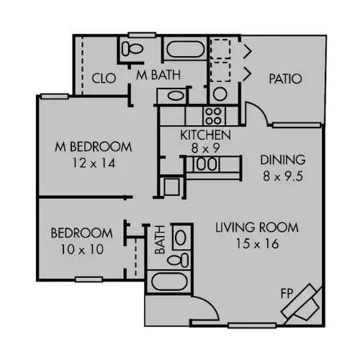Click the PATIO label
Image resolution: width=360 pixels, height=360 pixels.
click(x=285, y=78)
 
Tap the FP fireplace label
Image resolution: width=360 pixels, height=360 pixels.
click(x=287, y=293)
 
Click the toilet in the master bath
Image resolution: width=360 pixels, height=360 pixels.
click(x=132, y=49)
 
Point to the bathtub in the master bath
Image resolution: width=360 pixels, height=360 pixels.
click(x=185, y=50)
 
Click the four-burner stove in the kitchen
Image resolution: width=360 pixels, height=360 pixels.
click(x=214, y=116)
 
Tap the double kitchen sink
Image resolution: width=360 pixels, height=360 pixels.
click(x=207, y=164)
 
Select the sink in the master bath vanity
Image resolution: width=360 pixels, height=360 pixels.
click(x=176, y=96)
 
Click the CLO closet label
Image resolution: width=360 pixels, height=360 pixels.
click(x=104, y=78)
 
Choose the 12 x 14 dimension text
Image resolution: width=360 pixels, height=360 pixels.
click(x=94, y=163)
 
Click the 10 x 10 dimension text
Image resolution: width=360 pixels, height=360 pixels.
click(x=82, y=249)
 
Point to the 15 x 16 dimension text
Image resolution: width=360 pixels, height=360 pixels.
click(x=257, y=243)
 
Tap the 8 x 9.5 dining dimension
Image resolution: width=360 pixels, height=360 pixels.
click(x=283, y=176)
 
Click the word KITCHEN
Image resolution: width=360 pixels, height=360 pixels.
click(x=206, y=135)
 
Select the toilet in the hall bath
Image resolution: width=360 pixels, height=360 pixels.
click(x=179, y=260)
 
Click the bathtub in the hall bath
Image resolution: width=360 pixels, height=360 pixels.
click(x=169, y=282)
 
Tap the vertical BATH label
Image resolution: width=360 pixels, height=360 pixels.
click(x=160, y=240)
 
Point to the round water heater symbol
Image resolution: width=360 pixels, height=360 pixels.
click(x=220, y=94)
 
